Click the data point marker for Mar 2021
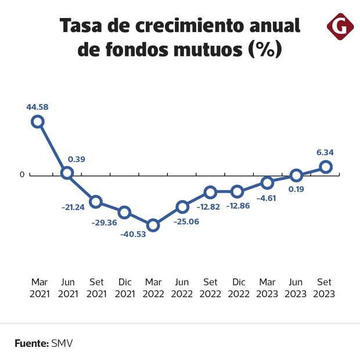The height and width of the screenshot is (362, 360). pos(38,121)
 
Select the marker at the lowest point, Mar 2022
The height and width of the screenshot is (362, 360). pos(153,225)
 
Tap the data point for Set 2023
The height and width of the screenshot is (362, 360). pos(326,167)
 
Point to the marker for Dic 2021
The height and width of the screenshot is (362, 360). pos(124,212)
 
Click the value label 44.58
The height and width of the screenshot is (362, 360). pos(38,106)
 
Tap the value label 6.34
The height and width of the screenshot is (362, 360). pos(325,153)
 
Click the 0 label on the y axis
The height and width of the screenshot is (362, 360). pos(22,175)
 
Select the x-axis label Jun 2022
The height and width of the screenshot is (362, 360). pos(182,288)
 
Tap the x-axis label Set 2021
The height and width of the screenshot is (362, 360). pos(96,288)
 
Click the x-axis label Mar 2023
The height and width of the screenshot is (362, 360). pos(267,288)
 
